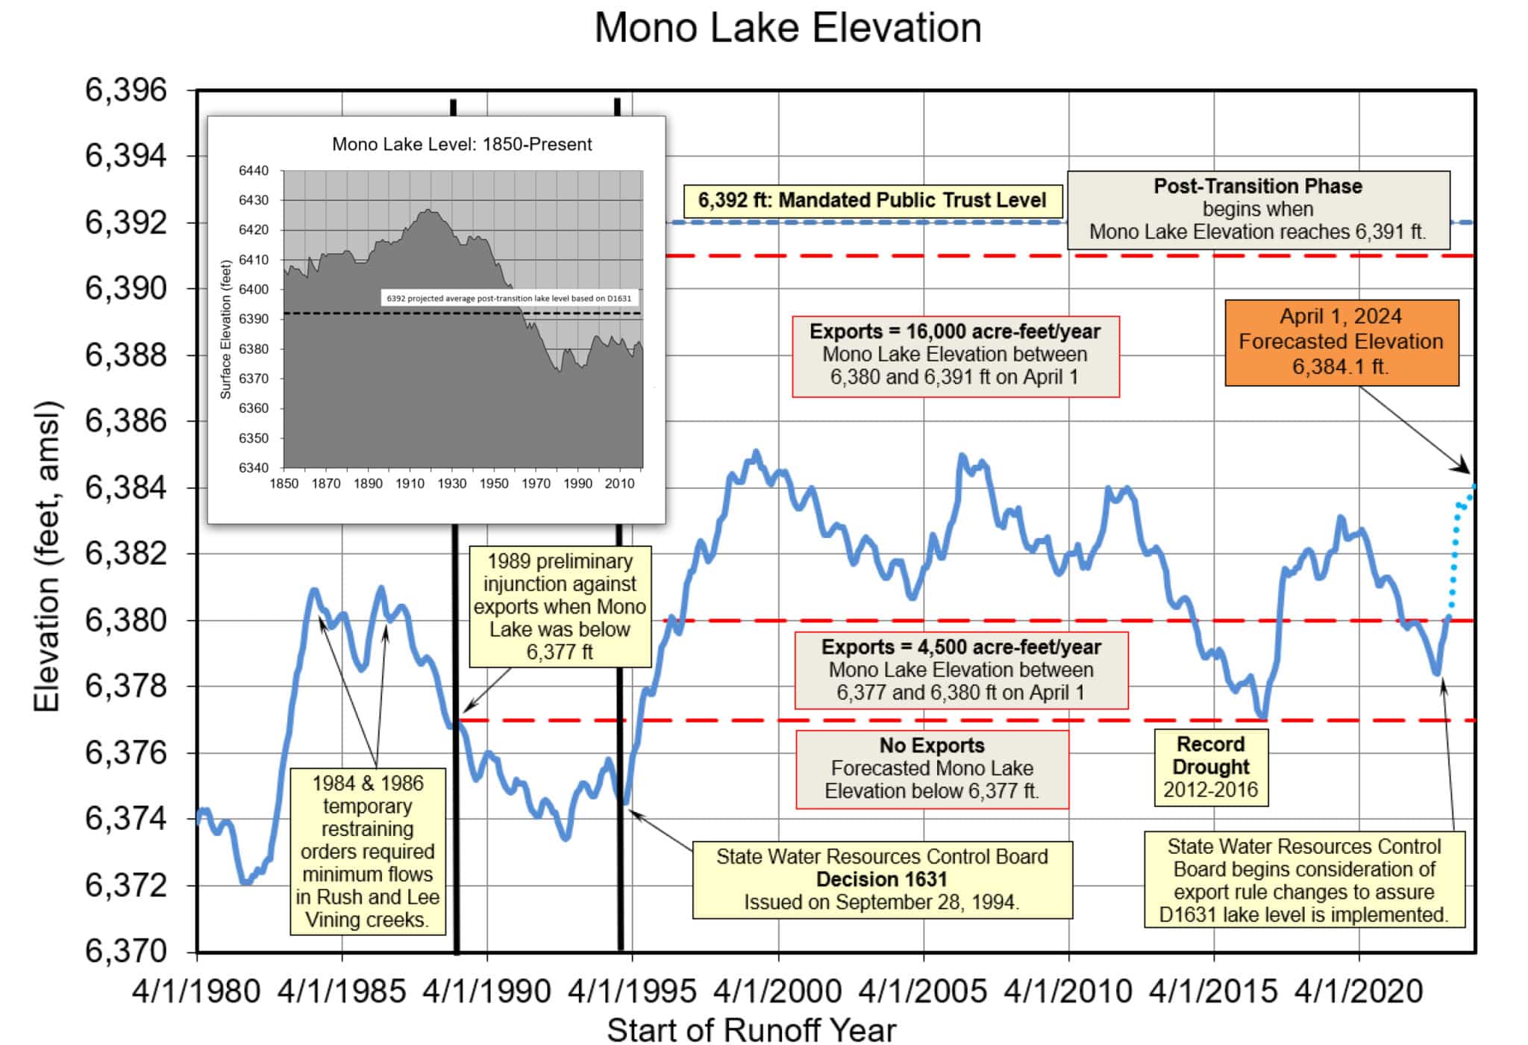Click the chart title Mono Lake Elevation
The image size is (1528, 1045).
787,28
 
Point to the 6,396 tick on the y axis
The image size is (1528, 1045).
126,90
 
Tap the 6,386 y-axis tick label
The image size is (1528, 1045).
126,421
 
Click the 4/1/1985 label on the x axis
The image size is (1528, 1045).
342,992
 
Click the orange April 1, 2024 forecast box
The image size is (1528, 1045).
1341,342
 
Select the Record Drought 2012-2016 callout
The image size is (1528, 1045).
1210,767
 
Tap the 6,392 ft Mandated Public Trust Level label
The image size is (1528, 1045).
871,200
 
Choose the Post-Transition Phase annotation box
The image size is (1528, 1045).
1258,209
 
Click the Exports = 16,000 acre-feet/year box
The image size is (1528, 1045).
955,355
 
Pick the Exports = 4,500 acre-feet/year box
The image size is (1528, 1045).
961,670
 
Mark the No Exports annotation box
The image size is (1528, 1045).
932,768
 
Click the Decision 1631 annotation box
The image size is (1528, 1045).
882,879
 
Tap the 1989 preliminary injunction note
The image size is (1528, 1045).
560,606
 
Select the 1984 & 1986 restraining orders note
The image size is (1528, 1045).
368,851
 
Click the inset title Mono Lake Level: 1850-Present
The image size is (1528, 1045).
462,144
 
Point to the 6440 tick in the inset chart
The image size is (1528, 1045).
254,171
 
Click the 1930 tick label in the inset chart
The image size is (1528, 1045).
451,484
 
